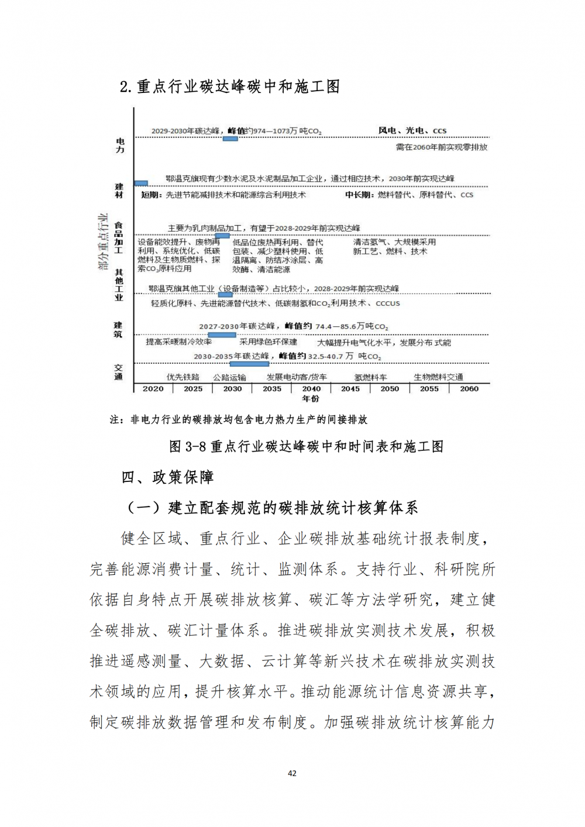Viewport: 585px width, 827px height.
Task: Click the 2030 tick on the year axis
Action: tap(232, 389)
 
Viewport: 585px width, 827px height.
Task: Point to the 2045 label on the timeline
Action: tap(350, 389)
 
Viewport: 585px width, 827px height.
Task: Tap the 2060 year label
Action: tap(469, 389)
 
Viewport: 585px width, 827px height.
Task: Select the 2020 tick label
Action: tap(153, 389)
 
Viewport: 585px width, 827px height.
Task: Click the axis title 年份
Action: tap(311, 399)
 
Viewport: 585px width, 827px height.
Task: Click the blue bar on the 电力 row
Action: tap(230, 139)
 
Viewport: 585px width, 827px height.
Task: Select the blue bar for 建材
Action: tap(141, 184)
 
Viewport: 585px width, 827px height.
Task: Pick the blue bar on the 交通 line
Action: tap(249, 364)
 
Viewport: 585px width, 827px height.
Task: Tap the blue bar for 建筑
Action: tap(222, 335)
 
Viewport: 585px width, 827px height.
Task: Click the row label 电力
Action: tap(120, 145)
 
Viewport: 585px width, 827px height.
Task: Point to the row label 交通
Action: tap(119, 372)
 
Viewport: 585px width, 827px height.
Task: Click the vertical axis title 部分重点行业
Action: tap(103, 242)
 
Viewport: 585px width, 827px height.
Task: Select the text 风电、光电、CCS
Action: tap(412, 131)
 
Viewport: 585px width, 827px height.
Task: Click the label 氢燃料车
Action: tap(370, 378)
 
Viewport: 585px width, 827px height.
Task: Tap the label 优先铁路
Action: tap(183, 377)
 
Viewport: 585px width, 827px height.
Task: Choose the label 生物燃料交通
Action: tap(438, 377)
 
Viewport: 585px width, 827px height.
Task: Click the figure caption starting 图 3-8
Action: tap(306, 447)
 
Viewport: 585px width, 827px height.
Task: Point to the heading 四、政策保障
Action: tap(167, 477)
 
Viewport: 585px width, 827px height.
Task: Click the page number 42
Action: tap(292, 773)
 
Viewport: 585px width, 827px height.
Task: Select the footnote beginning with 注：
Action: tap(239, 419)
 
